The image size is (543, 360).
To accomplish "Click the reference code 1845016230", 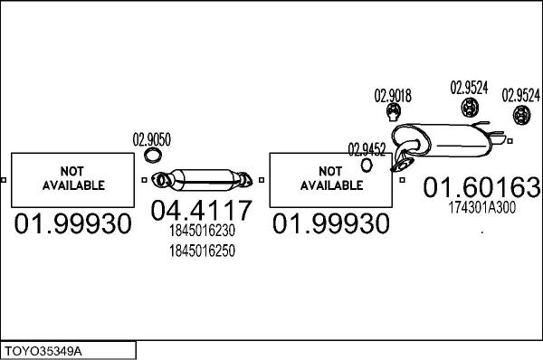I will (x=201, y=231).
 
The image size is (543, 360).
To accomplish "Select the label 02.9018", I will (x=393, y=95).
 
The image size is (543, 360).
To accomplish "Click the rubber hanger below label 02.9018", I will (x=394, y=112).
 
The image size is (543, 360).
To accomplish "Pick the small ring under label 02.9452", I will (x=367, y=165).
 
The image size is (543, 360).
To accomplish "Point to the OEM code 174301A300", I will (x=481, y=207).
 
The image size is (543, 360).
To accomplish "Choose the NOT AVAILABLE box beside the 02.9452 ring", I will (x=330, y=179).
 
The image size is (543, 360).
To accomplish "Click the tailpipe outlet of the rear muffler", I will (x=498, y=139).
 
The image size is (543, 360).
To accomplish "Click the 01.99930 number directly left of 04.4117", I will (x=73, y=223).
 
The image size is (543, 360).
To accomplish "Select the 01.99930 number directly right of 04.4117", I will (x=331, y=223).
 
